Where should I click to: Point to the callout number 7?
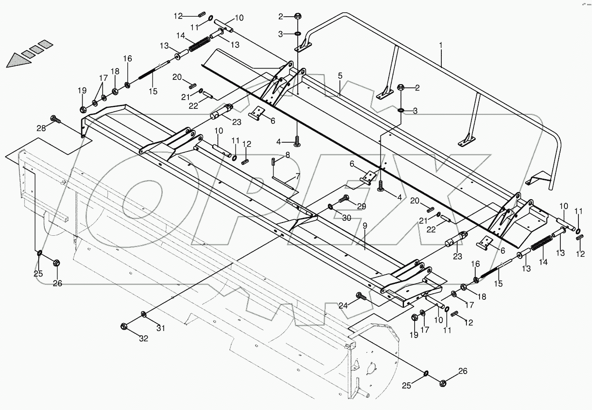point(297,176)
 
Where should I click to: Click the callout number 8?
point(288,155)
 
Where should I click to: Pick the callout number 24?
point(343,306)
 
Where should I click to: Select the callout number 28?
point(41,128)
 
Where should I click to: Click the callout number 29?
point(361,206)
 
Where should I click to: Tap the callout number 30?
point(347,218)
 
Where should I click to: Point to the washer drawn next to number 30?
point(330,206)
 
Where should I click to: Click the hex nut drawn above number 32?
point(125,326)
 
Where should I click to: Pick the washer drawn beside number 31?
point(144,314)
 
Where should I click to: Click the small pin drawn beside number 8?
point(273,161)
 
